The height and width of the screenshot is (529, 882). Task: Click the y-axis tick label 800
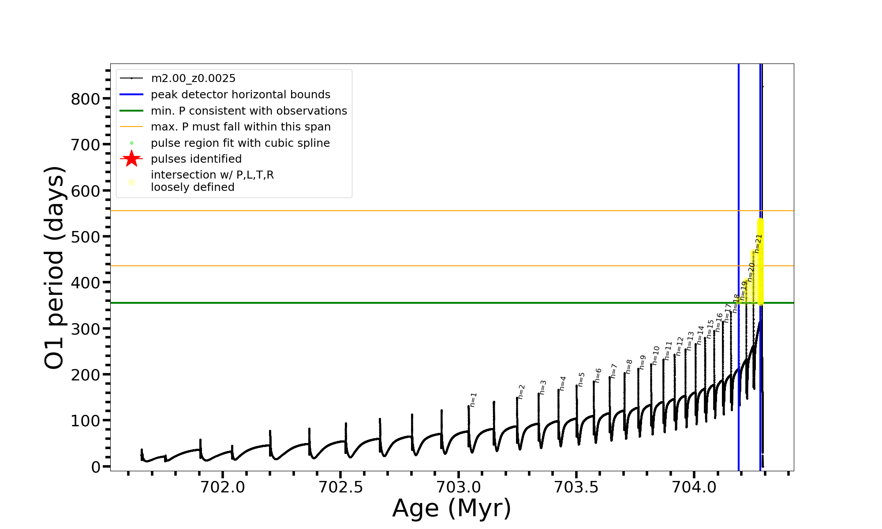click(86, 99)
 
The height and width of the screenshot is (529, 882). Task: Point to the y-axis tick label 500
click(86, 237)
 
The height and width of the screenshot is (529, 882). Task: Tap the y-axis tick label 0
click(96, 467)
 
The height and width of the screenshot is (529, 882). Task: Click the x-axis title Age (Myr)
click(452, 508)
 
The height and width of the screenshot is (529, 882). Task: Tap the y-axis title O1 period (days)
click(55, 267)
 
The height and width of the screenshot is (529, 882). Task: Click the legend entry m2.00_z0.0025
click(193, 78)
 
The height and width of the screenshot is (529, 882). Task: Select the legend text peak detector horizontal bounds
click(240, 95)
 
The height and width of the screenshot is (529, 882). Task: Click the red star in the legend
click(131, 159)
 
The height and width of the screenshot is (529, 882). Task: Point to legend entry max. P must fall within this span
click(240, 127)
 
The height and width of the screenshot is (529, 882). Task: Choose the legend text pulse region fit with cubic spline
click(240, 143)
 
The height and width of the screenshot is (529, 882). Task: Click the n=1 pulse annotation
click(473, 399)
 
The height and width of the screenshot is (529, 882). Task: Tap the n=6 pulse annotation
click(598, 375)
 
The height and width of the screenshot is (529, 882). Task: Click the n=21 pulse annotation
click(758, 243)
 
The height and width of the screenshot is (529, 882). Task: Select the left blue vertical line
click(739, 220)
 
